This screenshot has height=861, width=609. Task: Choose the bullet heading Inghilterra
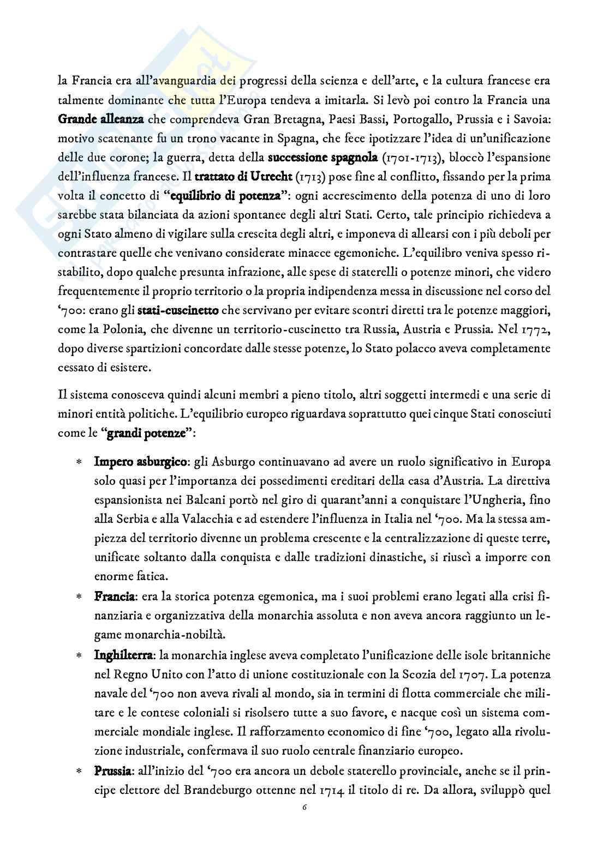click(126, 654)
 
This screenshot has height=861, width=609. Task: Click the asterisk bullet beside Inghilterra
click(79, 655)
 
